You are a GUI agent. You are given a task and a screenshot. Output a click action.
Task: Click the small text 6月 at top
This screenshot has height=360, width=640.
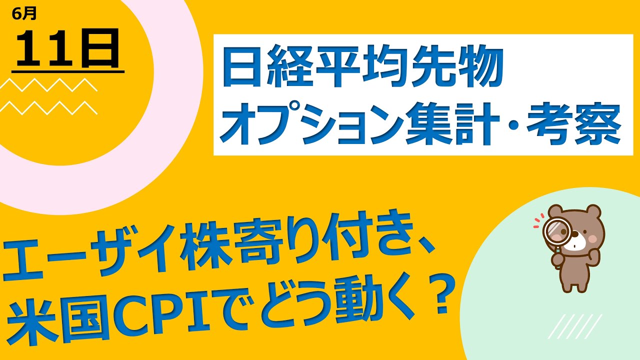[x=24, y=13]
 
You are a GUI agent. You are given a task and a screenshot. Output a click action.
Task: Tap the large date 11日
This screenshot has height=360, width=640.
[x=68, y=48]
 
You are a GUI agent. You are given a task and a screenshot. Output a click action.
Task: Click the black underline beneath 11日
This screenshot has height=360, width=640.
[x=68, y=71]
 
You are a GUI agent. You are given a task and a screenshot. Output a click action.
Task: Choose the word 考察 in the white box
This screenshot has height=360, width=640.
[x=573, y=124]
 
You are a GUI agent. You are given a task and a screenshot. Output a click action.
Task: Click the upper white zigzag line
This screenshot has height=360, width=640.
[x=48, y=84]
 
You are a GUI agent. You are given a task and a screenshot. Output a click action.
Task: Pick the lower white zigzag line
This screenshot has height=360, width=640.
[x=48, y=108]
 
